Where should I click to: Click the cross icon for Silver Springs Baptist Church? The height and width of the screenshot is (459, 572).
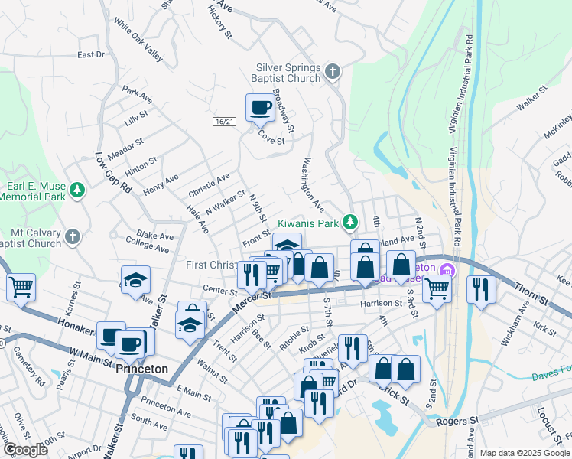pos(332,72)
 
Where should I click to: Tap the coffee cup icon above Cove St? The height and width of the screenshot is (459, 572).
pos(260,109)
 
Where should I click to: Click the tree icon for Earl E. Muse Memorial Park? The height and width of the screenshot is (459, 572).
pos(76,190)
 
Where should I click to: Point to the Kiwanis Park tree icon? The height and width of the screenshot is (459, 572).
pos(350,222)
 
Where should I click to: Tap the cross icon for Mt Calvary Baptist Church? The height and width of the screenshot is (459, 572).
pos(73,236)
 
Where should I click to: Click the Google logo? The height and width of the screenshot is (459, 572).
pos(25,450)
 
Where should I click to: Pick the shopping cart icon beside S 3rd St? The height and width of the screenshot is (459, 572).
pos(437,289)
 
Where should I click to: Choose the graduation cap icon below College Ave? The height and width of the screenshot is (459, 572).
pos(135,281)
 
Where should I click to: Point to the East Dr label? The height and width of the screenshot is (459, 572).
pos(91,55)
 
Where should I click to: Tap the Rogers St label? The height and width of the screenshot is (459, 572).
pos(457,421)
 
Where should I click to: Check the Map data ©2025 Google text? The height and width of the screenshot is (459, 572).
pos(523,452)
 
